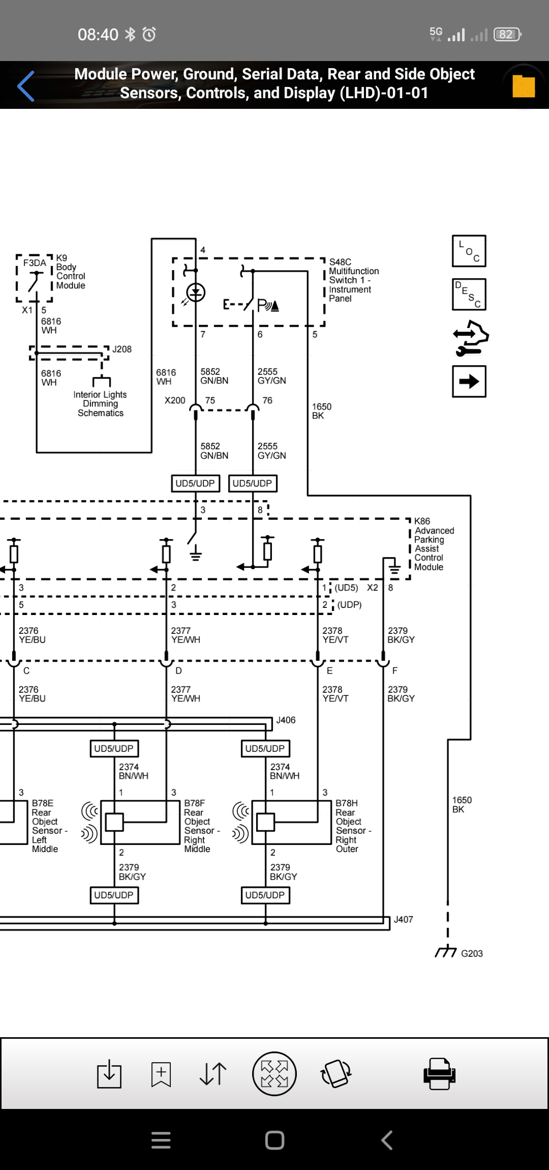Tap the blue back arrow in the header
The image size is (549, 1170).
pyautogui.click(x=26, y=86)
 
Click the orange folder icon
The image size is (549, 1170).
pyautogui.click(x=524, y=86)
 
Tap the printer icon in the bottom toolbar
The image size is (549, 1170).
pyautogui.click(x=439, y=1073)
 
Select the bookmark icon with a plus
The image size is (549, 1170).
pyautogui.click(x=161, y=1074)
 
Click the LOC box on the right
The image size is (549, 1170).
pyautogui.click(x=469, y=251)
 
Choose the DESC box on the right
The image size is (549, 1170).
pyautogui.click(x=469, y=294)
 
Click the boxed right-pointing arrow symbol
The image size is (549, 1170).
pyautogui.click(x=469, y=381)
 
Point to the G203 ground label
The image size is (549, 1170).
pyautogui.click(x=472, y=953)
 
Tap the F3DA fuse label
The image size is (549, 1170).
pyautogui.click(x=35, y=263)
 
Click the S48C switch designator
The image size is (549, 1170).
pyautogui.click(x=340, y=262)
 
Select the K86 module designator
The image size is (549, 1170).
pyautogui.click(x=422, y=521)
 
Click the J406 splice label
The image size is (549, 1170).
pyautogui.click(x=286, y=720)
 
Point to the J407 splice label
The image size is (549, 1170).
pyautogui.click(x=403, y=919)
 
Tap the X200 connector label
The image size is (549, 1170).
pyautogui.click(x=175, y=400)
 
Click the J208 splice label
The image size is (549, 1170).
pyautogui.click(x=122, y=349)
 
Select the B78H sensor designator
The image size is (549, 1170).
pyautogui.click(x=347, y=803)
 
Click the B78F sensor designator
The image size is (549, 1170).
pyautogui.click(x=195, y=803)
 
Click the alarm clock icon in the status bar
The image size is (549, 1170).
pyautogui.click(x=149, y=34)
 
